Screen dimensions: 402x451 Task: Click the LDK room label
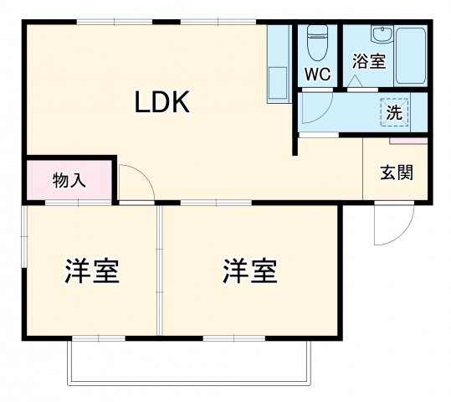[164, 102]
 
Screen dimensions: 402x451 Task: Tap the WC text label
[316, 74]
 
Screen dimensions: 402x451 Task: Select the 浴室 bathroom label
[368, 61]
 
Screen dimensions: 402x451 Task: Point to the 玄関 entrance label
[397, 173]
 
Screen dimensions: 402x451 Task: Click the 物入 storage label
[69, 180]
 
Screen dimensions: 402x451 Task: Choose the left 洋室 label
[92, 271]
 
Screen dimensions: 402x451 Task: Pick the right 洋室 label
[249, 271]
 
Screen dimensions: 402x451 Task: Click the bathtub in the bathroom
[410, 54]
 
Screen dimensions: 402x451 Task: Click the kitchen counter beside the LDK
[278, 65]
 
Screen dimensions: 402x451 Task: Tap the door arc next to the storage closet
[136, 182]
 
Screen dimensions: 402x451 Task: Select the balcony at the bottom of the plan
[190, 363]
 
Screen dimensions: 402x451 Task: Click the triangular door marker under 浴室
[355, 81]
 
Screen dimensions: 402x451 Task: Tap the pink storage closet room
[69, 180]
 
